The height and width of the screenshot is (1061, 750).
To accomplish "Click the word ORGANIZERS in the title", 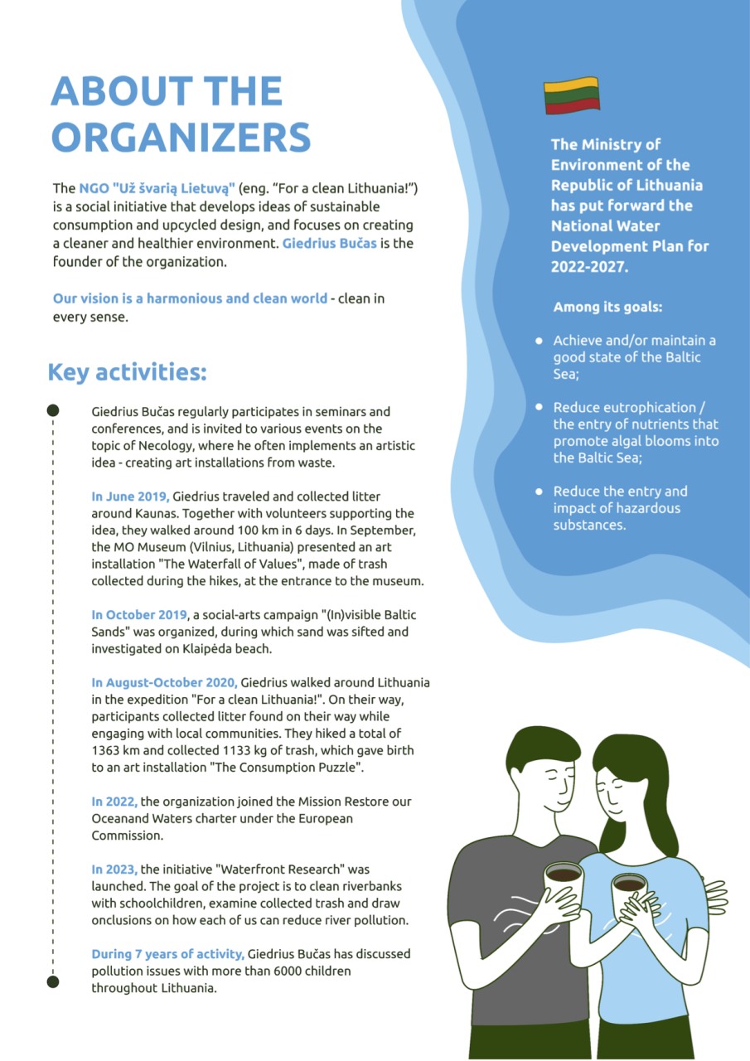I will coord(181,137).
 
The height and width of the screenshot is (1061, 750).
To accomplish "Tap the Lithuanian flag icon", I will coord(571,95).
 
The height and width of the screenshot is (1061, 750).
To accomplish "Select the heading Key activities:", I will coord(127,372).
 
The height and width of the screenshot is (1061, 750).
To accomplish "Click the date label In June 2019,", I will coord(130,497).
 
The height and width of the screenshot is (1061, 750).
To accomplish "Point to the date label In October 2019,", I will coord(140,615).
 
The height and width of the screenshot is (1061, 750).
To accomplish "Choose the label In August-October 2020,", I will coord(164,683).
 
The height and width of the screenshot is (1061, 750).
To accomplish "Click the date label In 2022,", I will coord(114,802).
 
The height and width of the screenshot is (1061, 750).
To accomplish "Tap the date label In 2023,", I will coord(114,870).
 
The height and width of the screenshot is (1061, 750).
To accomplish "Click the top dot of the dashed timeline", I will coord(53,410).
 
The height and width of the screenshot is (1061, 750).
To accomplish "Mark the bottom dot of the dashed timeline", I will coord(53,981).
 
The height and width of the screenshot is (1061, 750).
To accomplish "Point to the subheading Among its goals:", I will coord(607,308).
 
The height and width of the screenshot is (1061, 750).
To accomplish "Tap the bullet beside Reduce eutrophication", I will coord(539,408).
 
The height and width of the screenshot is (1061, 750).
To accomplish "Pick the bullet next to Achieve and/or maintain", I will coord(539,341).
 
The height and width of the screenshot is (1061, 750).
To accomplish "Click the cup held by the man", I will coord(564,882).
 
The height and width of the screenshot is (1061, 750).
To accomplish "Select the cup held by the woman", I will coord(629,892).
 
